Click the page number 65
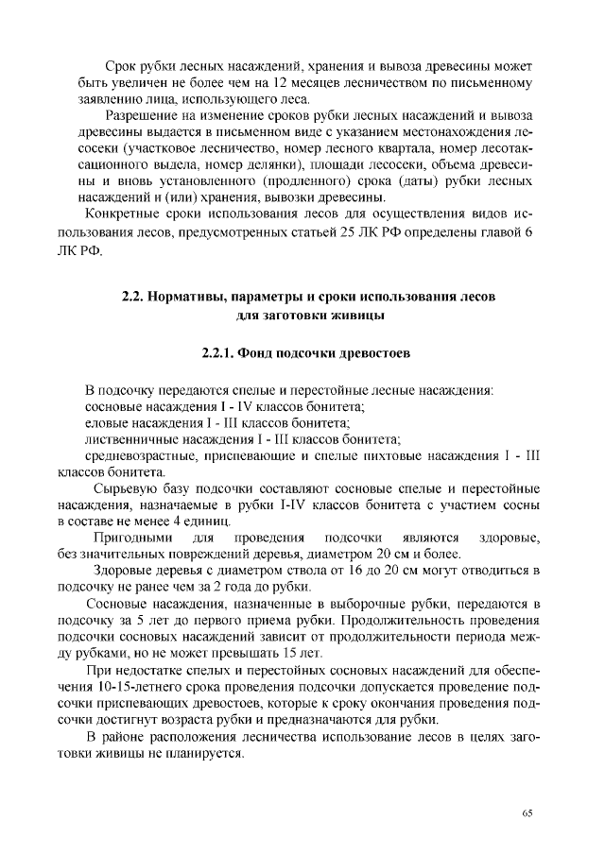[527, 812]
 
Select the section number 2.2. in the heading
[134, 297]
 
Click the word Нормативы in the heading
[195, 297]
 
